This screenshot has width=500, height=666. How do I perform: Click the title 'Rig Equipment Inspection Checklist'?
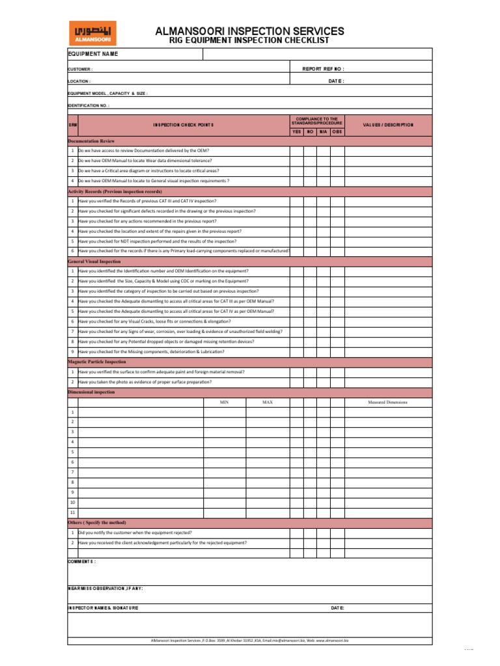click(250, 40)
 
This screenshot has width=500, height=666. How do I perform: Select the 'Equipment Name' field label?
click(93, 54)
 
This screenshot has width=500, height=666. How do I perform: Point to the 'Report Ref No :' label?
click(324, 68)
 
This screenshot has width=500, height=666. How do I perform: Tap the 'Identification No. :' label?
click(89, 105)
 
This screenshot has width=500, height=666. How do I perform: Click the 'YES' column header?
click(296, 132)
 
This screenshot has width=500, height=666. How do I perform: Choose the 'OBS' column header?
click(337, 132)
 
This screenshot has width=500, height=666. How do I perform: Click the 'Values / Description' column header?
click(388, 125)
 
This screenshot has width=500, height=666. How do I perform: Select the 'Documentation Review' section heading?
click(92, 140)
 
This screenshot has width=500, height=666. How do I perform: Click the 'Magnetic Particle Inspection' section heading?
click(97, 362)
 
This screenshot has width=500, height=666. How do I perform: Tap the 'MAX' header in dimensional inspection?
click(268, 403)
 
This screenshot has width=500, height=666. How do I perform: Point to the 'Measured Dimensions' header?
click(388, 403)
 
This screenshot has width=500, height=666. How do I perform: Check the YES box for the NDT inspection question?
click(296, 241)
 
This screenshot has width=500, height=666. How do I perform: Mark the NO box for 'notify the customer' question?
click(310, 533)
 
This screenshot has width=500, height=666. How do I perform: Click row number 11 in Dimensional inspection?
click(72, 513)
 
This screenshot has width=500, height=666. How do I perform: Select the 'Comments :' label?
click(82, 561)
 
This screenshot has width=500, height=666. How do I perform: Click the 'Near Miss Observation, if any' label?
click(105, 589)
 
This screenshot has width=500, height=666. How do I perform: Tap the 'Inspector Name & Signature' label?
click(104, 608)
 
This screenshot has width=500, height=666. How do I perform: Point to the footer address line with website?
click(250, 641)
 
